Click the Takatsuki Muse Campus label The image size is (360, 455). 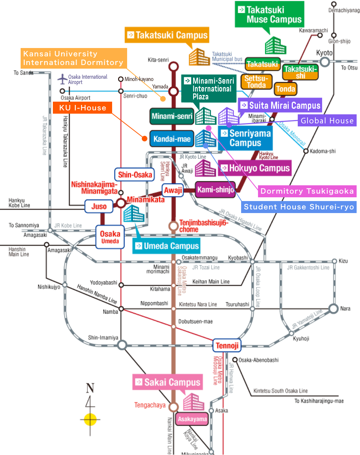coord(269,15)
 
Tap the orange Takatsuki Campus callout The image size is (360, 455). coord(167,36)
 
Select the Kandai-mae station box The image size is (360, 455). coord(172,139)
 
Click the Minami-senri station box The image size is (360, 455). coord(172,116)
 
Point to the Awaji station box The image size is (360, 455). coord(172,190)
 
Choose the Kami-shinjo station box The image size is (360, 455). coord(215,190)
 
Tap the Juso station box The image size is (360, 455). coord(99,206)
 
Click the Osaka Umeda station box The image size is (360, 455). coord(110,237)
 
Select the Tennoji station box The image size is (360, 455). coord(226,345)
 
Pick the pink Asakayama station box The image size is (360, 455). coord(192,419)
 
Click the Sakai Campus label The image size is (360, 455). coord(168,382)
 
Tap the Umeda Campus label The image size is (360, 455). coord(166,246)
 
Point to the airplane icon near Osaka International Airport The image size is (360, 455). coord(62,79)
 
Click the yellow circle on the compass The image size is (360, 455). coord(90,419)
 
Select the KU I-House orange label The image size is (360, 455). coord(83,108)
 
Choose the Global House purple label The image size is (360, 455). coord(327,120)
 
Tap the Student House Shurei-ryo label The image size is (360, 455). coord(298,207)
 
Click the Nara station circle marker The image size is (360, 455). coord(333,309)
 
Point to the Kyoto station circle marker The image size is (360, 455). coord(324,62)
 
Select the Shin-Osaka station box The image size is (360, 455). coord(135,174)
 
